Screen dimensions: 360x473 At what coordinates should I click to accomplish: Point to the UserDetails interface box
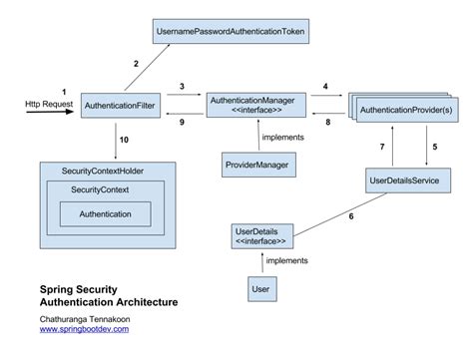(x=262, y=237)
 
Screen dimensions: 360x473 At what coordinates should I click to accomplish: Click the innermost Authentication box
(x=106, y=212)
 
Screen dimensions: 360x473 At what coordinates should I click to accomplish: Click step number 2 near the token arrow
(x=137, y=65)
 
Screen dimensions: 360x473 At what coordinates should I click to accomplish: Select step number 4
(x=325, y=88)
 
